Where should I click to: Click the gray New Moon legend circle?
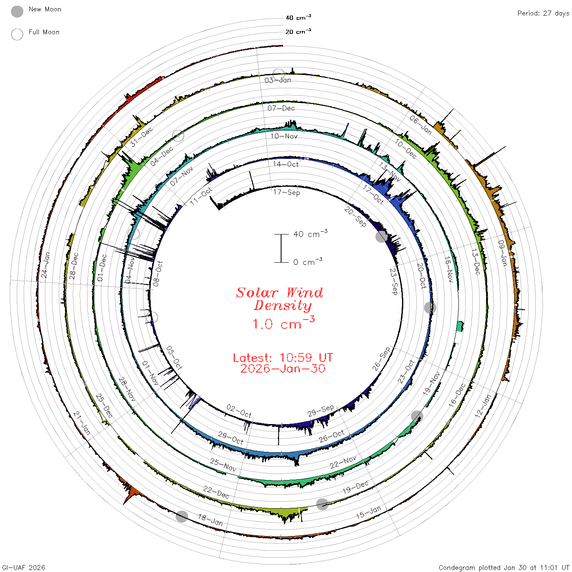(x=17, y=11)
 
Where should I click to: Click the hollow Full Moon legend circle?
(x=17, y=34)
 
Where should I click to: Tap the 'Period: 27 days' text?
(x=543, y=13)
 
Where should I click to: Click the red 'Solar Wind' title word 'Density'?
(x=283, y=306)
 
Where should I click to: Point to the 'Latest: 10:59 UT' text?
(x=283, y=357)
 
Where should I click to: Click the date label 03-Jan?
(x=277, y=80)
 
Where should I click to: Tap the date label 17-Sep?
(x=286, y=192)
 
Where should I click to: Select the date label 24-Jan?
(x=45, y=265)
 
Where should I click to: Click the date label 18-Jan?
(x=210, y=520)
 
